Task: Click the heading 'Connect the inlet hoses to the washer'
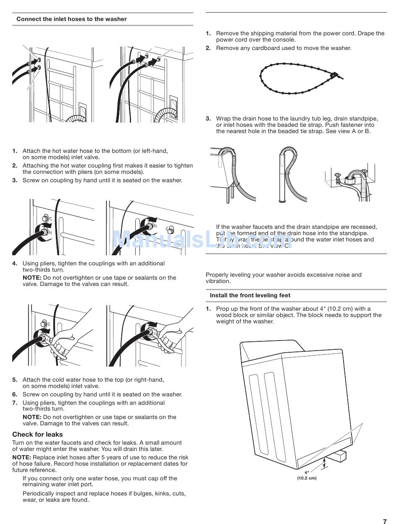(x=71, y=19)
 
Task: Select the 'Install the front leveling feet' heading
(x=250, y=296)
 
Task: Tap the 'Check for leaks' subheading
(x=37, y=435)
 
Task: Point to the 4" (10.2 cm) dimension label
(x=307, y=475)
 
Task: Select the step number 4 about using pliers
(x=15, y=264)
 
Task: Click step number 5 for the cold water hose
(x=15, y=380)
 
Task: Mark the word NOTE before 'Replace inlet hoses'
(x=21, y=458)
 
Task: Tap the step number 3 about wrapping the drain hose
(x=208, y=119)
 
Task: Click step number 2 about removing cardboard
(x=208, y=48)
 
